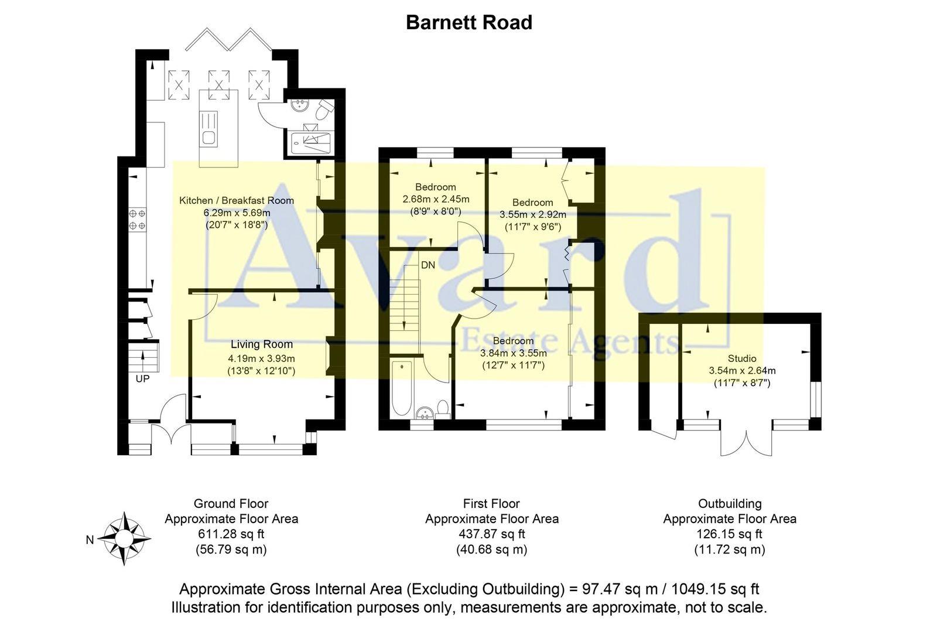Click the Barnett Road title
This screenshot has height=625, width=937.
[x=468, y=23]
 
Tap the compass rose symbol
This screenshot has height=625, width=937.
[x=124, y=538]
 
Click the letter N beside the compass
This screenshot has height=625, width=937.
[x=90, y=540]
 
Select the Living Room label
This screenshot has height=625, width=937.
[x=261, y=344]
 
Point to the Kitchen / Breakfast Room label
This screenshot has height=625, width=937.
[x=236, y=200]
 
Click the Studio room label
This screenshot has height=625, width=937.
[x=742, y=358]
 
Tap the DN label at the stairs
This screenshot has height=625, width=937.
[x=428, y=265]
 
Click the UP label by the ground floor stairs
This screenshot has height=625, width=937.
[x=142, y=379]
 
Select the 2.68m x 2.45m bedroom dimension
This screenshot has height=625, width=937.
[x=436, y=200]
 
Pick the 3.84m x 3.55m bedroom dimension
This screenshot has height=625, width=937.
[x=513, y=353]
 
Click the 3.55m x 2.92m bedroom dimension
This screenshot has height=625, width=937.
[x=532, y=215]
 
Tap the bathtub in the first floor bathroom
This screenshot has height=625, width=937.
[x=402, y=388]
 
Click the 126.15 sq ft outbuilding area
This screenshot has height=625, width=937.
[x=729, y=534]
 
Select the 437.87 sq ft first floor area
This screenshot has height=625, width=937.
[x=491, y=534]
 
